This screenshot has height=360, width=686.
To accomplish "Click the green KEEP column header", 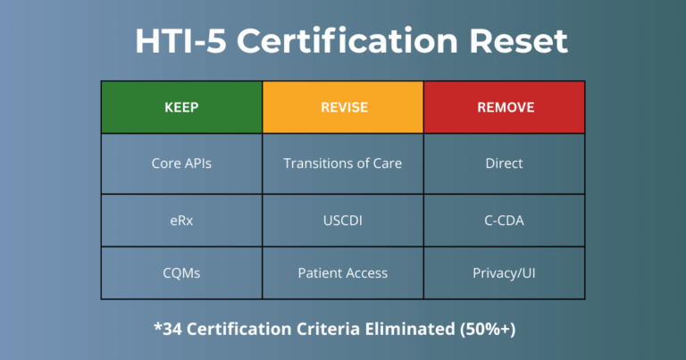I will pyautogui.click(x=181, y=108).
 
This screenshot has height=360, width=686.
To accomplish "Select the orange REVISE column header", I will pyautogui.click(x=343, y=108).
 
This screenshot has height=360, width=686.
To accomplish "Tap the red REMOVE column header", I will pyautogui.click(x=506, y=108).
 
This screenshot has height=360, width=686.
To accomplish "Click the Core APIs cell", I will pyautogui.click(x=181, y=163).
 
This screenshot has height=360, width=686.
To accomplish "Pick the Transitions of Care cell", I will pyautogui.click(x=343, y=163).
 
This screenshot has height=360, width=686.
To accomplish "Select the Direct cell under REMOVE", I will pyautogui.click(x=506, y=163).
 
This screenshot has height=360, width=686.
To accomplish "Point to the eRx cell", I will pyautogui.click(x=181, y=218).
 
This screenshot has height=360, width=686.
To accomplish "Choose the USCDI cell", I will pyautogui.click(x=343, y=218).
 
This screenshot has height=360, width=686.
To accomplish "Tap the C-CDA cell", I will pyautogui.click(x=506, y=218).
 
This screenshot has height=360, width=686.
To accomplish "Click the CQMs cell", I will pyautogui.click(x=181, y=272).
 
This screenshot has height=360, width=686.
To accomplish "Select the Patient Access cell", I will pyautogui.click(x=343, y=272).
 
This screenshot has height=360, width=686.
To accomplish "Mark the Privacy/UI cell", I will pyautogui.click(x=506, y=272).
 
